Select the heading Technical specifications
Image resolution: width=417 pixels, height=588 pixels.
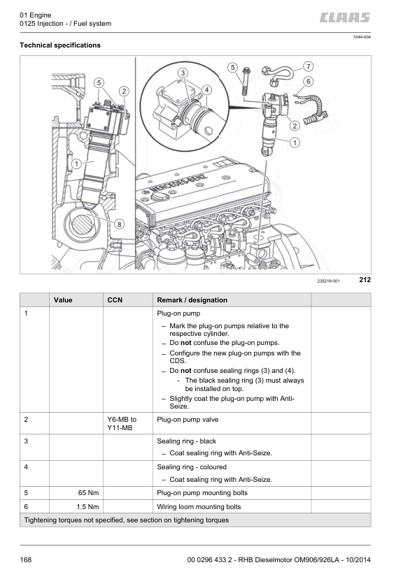pos(61,45)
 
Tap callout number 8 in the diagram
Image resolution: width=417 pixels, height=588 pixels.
pos(119,224)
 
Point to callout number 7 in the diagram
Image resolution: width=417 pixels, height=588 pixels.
pos(308,66)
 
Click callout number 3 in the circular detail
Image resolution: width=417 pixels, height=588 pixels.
pos(183,73)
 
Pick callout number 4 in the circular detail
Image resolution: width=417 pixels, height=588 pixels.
pos(207,89)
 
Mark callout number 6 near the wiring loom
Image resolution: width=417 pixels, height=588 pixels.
pos(308,82)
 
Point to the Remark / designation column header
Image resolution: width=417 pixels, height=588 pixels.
pos(192,300)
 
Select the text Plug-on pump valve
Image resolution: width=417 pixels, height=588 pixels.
pos(188,420)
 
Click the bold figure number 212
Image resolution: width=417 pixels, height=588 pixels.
pos(364,280)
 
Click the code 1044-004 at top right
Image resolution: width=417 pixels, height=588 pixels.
pos(361,37)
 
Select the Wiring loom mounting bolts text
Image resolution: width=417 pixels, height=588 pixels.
pos(199,506)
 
